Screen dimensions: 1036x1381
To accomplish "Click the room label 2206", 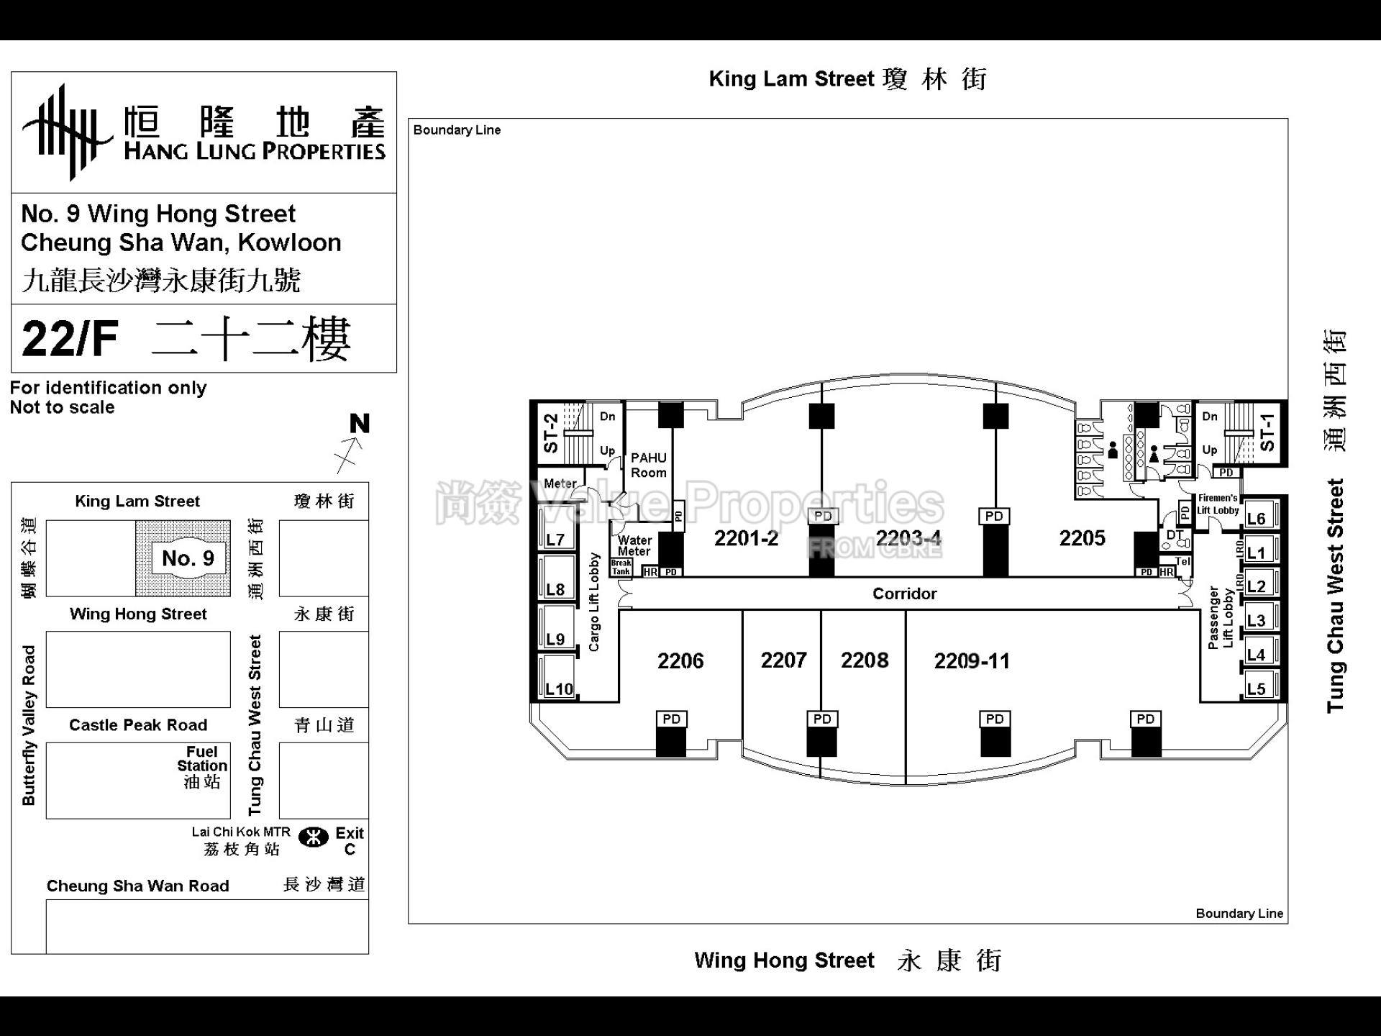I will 680,660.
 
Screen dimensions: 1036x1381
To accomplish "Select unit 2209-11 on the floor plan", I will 971,660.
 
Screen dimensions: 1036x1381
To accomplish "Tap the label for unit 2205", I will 1082,537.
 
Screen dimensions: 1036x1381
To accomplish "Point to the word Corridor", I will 904,594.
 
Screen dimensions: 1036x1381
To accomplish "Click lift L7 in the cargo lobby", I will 555,539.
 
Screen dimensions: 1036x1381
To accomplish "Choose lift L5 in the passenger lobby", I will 1256,689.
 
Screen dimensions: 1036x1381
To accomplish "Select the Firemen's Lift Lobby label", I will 1217,504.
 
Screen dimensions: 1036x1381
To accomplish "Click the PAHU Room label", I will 648,465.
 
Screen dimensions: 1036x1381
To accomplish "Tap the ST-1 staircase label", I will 1267,432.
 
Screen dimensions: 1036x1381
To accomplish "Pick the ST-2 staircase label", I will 551,432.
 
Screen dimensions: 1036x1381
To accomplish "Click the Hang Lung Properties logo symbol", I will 66,132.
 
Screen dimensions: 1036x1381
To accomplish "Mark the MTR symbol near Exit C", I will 313,837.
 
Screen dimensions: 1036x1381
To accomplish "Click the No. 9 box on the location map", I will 188,558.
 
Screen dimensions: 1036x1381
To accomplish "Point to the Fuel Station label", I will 202,766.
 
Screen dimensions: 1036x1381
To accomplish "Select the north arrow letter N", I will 360,424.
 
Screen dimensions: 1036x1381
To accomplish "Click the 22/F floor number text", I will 70,339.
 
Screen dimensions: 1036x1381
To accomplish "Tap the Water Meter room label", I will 634,545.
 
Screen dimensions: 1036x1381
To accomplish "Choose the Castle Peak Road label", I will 138,724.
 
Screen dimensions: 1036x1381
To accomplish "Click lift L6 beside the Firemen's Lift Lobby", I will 1256,518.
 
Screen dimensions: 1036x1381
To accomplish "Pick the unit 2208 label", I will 864,660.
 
